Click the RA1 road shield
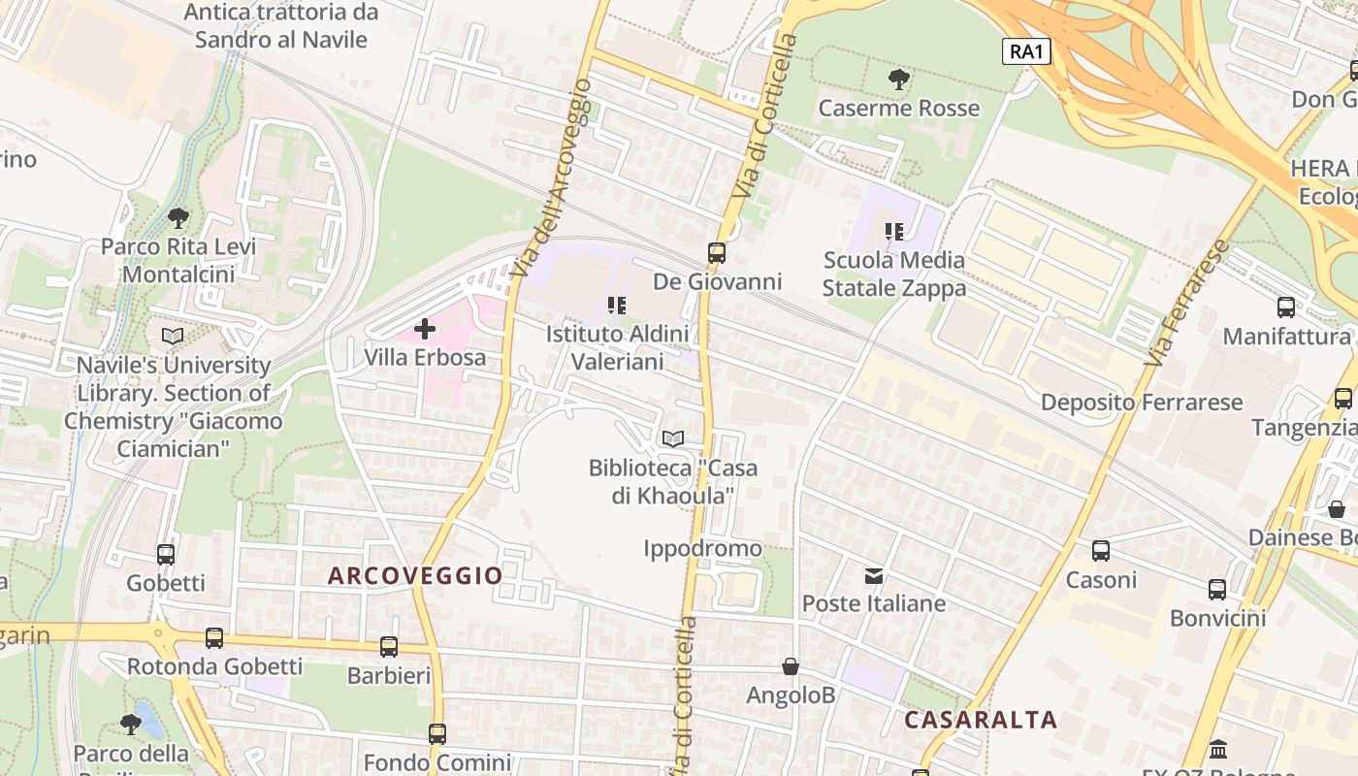(1026, 51)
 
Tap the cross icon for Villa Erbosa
(425, 329)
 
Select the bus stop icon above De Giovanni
(716, 253)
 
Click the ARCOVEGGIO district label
(415, 575)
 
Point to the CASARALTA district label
(981, 720)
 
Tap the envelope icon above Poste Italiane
(874, 576)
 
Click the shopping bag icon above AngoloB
(791, 667)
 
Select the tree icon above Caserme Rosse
(899, 80)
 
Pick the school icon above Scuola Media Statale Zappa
(893, 232)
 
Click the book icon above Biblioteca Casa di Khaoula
(673, 438)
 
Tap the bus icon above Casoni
(1101, 551)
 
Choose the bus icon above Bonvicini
(1217, 589)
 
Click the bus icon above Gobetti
(166, 554)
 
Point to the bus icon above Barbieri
(389, 646)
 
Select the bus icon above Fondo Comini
(437, 734)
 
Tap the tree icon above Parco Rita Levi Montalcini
(178, 217)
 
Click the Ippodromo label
(703, 549)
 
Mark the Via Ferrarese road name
(1185, 303)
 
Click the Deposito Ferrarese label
(1142, 402)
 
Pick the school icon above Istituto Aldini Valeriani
(616, 306)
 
